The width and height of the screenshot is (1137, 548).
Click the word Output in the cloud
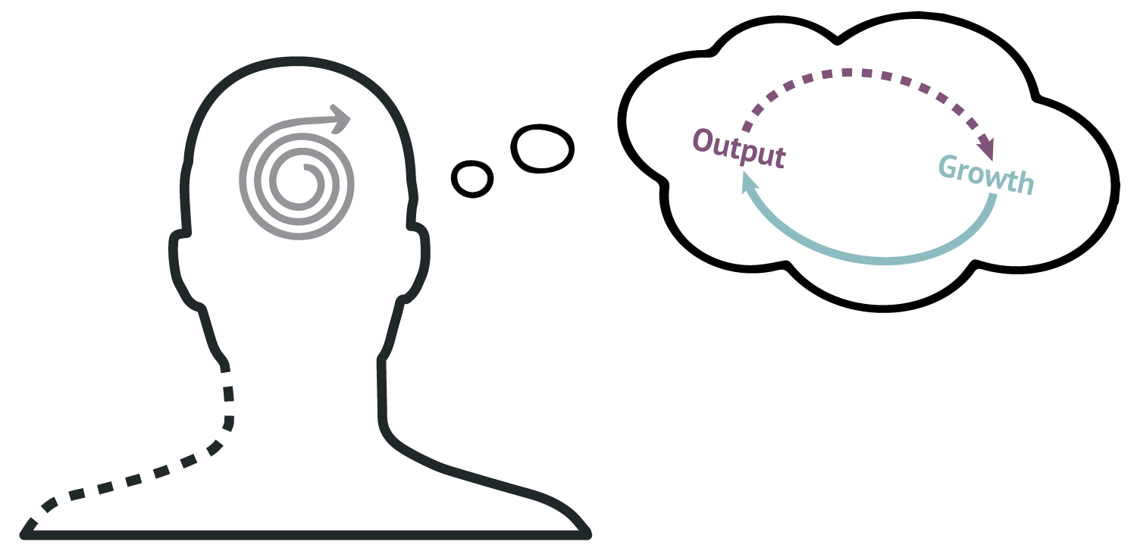pyautogui.click(x=739, y=148)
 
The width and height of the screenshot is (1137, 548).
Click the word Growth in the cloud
pyautogui.click(x=986, y=175)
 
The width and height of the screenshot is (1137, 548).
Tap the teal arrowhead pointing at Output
pyautogui.click(x=749, y=183)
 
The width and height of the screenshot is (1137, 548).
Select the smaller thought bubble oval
pyautogui.click(x=472, y=179)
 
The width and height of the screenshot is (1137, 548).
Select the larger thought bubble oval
pyautogui.click(x=542, y=148)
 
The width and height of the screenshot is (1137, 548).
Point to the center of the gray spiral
pyautogui.click(x=305, y=168)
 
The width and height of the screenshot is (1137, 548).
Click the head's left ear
pyautogui.click(x=180, y=269)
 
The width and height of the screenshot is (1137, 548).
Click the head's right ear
pyautogui.click(x=417, y=264)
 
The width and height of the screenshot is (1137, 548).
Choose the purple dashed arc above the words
pyautogui.click(x=863, y=73)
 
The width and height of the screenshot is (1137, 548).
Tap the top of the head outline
pyautogui.click(x=297, y=61)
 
